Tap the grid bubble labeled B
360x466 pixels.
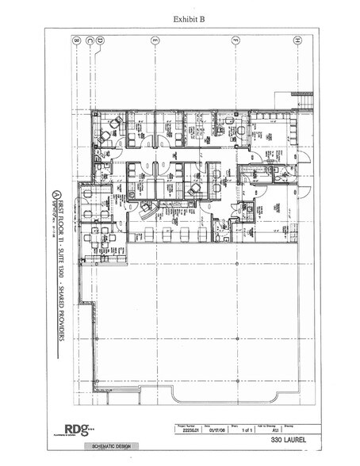(x=76, y=39)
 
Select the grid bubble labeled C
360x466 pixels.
(x=92, y=39)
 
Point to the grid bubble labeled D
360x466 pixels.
(x=103, y=39)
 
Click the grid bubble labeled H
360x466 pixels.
(x=297, y=39)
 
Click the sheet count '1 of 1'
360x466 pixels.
(x=236, y=431)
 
